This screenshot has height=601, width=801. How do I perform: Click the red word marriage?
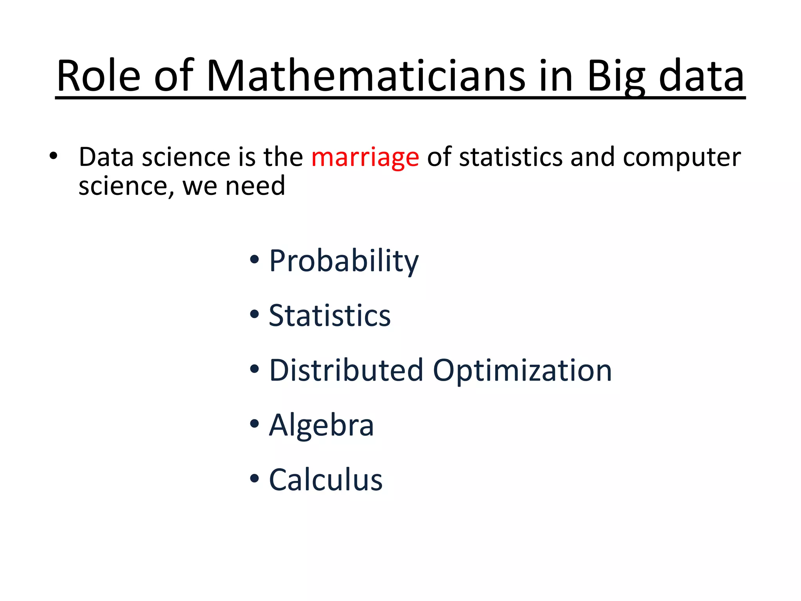click(365, 158)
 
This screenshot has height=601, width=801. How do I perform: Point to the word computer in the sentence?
click(681, 158)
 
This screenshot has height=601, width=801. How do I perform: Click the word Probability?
click(343, 261)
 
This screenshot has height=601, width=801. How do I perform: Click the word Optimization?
click(522, 371)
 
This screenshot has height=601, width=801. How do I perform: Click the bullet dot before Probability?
click(255, 259)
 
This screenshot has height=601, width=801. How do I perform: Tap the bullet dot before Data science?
click(53, 156)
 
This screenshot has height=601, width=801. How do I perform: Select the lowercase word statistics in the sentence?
click(511, 157)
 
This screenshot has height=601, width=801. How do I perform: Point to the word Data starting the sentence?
click(106, 157)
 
